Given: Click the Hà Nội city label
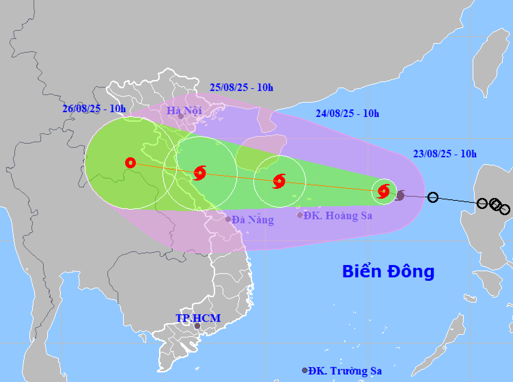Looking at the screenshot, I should tap(184, 110).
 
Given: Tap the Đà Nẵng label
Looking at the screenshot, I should tap(253, 219).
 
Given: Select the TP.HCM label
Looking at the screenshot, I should tap(198, 318).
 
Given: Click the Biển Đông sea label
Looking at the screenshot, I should tap(388, 272).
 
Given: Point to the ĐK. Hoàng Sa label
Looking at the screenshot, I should tap(338, 215).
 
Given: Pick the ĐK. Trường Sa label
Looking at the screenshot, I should tap(345, 371).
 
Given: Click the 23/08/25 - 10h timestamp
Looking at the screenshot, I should tap(445, 154).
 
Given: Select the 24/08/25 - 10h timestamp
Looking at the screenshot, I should tap(347, 113).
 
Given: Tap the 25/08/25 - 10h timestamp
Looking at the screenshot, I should tap(241, 87).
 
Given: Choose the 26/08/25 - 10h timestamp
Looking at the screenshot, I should tap(94, 108).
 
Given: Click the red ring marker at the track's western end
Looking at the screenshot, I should tap(130, 163).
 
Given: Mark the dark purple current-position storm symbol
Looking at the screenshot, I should tap(400, 195).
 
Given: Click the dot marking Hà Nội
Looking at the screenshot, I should tap(181, 117).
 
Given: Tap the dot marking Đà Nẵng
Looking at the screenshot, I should tap(228, 219).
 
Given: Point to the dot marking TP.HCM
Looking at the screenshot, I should tap(197, 326).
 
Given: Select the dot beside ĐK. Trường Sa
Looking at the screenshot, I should tap(305, 370).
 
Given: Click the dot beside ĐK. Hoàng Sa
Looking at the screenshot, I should tap(300, 215).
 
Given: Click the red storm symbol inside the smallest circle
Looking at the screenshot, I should tap(384, 191).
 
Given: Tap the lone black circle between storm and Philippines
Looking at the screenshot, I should tap(433, 197).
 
